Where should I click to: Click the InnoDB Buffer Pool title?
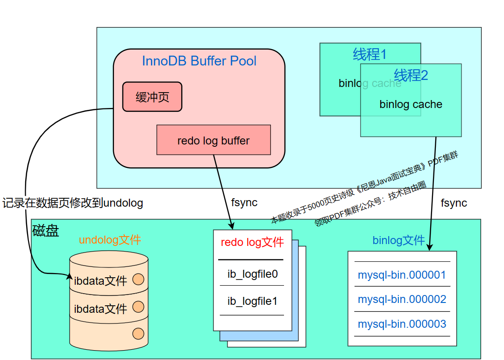pyautogui.click(x=199, y=61)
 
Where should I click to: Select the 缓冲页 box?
pyautogui.click(x=152, y=97)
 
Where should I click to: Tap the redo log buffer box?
pyautogui.click(x=213, y=140)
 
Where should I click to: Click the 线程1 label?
pyautogui.click(x=369, y=55)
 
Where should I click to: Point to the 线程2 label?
pyautogui.click(x=411, y=75)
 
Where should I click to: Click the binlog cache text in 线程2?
pyautogui.click(x=411, y=105)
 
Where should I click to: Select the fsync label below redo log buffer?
pyautogui.click(x=244, y=203)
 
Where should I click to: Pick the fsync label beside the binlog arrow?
pyautogui.click(x=454, y=203)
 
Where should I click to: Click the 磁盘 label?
pyautogui.click(x=46, y=231)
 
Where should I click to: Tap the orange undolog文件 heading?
pyautogui.click(x=110, y=240)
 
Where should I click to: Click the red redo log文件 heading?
pyautogui.click(x=252, y=242)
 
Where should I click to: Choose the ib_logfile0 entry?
pyautogui.click(x=252, y=274)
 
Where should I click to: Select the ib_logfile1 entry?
pyautogui.click(x=252, y=301)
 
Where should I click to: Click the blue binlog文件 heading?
pyautogui.click(x=398, y=241)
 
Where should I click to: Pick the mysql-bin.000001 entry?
pyautogui.click(x=402, y=275)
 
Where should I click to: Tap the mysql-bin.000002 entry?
pyautogui.click(x=402, y=299)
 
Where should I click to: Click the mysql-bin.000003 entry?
pyautogui.click(x=402, y=324)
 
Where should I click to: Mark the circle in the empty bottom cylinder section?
pyautogui.click(x=138, y=333)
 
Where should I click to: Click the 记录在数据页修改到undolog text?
pyautogui.click(x=72, y=203)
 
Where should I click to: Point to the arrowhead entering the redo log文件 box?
pyautogui.click(x=231, y=226)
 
